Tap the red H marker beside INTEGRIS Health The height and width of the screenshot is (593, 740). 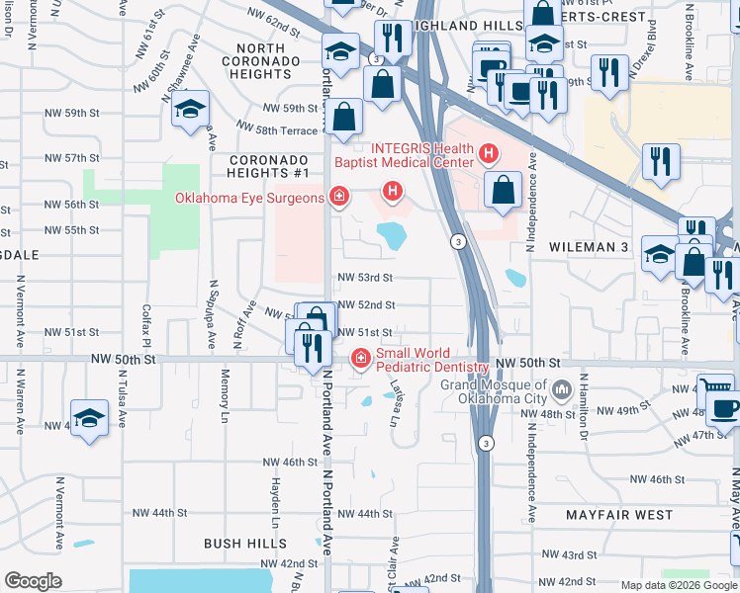(x=487, y=153)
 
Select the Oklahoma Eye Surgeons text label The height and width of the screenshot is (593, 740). (x=249, y=198)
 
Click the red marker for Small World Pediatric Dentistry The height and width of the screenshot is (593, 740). (x=361, y=359)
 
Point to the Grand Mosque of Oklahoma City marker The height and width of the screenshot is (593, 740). (x=562, y=389)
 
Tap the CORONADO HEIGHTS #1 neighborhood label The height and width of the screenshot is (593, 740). (x=266, y=167)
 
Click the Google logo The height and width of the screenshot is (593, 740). (x=34, y=581)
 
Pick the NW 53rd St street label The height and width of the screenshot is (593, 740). (x=365, y=278)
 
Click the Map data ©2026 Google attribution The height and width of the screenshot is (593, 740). (x=679, y=585)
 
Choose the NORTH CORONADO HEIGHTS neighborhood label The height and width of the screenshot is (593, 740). (x=261, y=60)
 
